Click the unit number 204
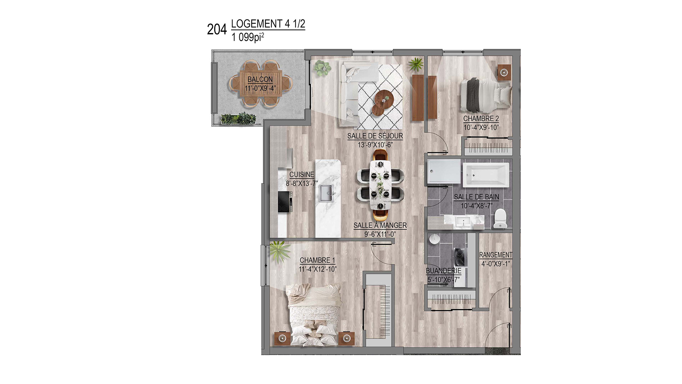coord(217,29)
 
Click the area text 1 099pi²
coord(248,37)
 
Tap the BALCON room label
coord(260,79)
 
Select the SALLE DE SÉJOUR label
coord(375,136)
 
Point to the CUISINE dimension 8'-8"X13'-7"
coord(302,183)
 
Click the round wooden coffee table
coord(383,102)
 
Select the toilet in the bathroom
coord(500,218)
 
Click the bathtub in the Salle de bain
coord(486,175)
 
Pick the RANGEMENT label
coord(496,255)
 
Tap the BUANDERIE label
coord(443,271)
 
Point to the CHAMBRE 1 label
coord(317,260)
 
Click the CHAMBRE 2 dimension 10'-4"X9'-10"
coord(481,127)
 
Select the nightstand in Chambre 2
coord(504,72)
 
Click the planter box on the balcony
coord(239,118)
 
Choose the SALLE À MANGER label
coord(380,226)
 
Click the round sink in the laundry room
coord(434,239)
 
